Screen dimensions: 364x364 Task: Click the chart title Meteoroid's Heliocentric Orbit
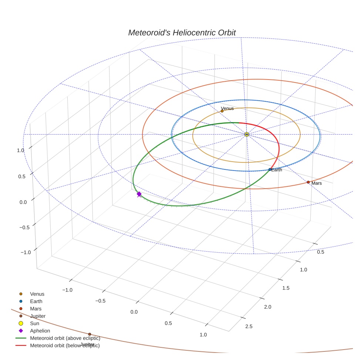[x=182, y=33]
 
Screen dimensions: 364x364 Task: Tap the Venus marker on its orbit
[x=222, y=111]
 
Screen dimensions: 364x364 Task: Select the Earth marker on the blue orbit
[x=270, y=169]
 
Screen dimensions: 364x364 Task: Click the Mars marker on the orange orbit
[x=308, y=182]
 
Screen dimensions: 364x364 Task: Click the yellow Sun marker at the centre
[x=247, y=134]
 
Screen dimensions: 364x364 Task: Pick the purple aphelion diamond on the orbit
[x=139, y=194]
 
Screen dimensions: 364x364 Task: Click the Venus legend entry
[x=37, y=294]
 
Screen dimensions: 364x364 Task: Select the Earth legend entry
[x=36, y=301]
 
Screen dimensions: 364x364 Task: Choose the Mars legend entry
[x=36, y=309]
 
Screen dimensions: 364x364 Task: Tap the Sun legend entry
[x=35, y=323]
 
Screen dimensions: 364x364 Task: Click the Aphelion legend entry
[x=40, y=331]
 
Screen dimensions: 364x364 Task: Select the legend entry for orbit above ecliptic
[x=65, y=338]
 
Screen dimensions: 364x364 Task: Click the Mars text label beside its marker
[x=317, y=183]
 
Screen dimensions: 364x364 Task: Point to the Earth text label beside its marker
[x=277, y=170]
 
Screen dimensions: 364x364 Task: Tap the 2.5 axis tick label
[x=249, y=326]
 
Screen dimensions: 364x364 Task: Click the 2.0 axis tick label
[x=267, y=307]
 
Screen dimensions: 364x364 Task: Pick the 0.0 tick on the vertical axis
[x=24, y=202]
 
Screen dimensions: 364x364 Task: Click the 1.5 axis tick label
[x=286, y=288]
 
